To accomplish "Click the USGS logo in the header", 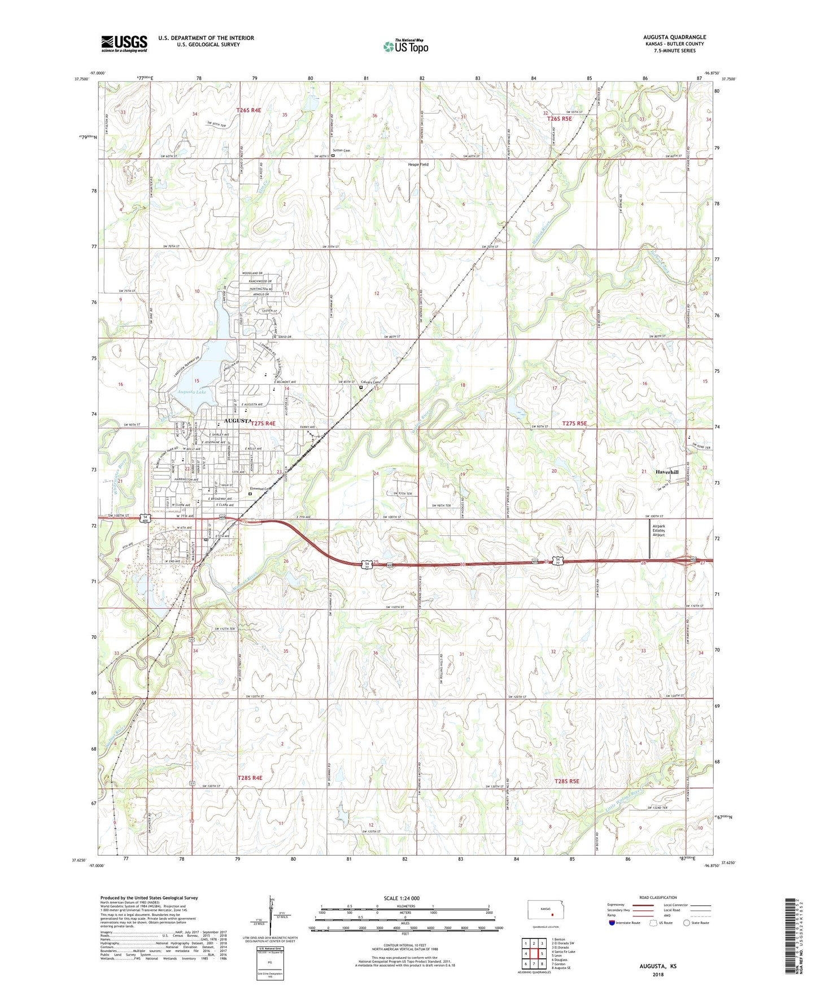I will coord(124,43).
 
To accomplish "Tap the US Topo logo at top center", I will coord(405,46).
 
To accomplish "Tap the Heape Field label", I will coord(418,164).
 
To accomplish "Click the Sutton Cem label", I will coord(342,150).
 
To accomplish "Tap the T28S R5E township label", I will coord(567,781).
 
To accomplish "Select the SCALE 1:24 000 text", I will coord(402,898).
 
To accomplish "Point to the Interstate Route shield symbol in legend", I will coord(612,923).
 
